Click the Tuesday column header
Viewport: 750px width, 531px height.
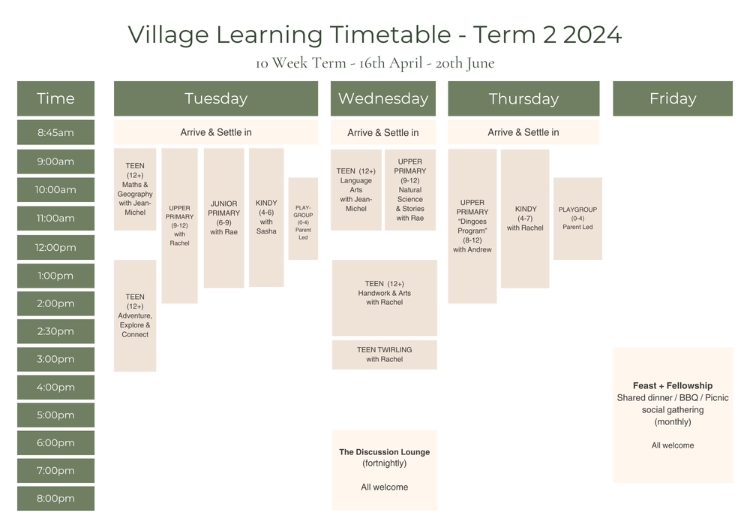click(x=215, y=98)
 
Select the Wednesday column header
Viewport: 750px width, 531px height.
click(x=382, y=98)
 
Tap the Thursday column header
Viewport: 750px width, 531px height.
click(x=523, y=98)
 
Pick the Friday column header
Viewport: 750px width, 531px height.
click(x=672, y=98)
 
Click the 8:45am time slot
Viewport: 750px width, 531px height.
click(x=55, y=133)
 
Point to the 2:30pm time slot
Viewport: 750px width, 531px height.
click(x=55, y=331)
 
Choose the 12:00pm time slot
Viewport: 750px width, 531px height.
click(x=55, y=247)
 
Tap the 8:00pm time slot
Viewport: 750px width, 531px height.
click(x=55, y=498)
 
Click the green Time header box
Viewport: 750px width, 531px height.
click(x=55, y=98)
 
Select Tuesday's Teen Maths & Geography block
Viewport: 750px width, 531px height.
click(x=135, y=189)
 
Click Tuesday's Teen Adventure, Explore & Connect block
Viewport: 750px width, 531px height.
click(x=135, y=315)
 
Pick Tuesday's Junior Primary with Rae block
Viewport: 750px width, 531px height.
click(x=223, y=218)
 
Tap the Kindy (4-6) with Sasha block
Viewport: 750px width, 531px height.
click(x=266, y=217)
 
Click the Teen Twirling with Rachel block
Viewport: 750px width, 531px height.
click(x=384, y=355)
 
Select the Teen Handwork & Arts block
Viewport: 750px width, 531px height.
click(x=384, y=297)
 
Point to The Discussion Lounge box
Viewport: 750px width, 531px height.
click(x=384, y=469)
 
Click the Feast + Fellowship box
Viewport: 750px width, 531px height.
click(x=672, y=415)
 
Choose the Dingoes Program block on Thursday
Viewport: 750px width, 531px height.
click(x=472, y=226)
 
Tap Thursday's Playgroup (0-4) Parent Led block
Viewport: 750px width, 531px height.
click(x=577, y=219)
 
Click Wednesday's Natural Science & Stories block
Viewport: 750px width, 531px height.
click(x=410, y=190)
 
